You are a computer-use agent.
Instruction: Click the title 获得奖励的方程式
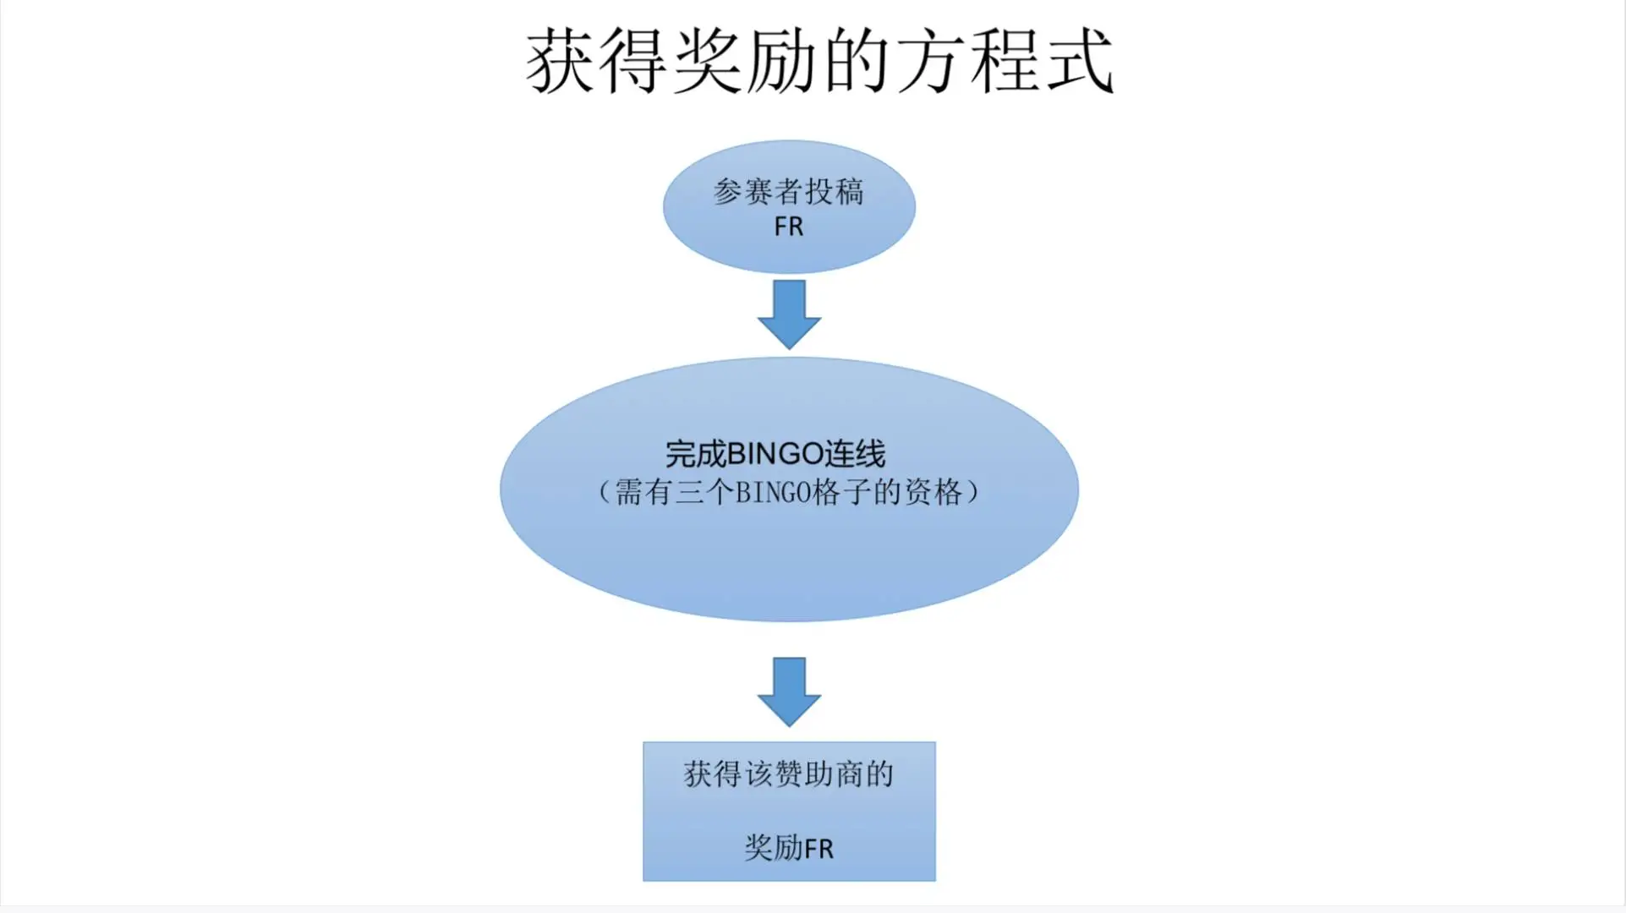tap(819, 60)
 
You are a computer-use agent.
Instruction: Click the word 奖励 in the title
tap(745, 60)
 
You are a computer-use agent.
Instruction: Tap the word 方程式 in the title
tap(1005, 60)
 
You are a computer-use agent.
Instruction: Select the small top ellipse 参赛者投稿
tap(789, 206)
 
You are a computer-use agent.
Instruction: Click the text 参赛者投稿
tap(789, 192)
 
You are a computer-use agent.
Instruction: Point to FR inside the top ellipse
tap(789, 227)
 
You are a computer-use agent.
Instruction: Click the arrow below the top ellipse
tap(789, 314)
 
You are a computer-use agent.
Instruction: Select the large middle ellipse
tap(789, 489)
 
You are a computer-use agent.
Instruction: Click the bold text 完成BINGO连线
tap(775, 454)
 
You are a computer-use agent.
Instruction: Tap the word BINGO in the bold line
tap(775, 454)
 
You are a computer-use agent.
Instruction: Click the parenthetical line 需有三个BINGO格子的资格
tap(789, 492)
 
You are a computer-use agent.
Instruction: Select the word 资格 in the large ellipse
tap(934, 492)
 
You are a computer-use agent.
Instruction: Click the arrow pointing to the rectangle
tap(789, 692)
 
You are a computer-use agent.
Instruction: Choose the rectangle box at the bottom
tap(789, 812)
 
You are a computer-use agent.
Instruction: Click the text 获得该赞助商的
tap(789, 774)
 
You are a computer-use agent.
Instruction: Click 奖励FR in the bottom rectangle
tap(789, 847)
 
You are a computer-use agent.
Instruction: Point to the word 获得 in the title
tap(597, 60)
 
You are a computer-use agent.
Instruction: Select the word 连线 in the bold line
tap(856, 454)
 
